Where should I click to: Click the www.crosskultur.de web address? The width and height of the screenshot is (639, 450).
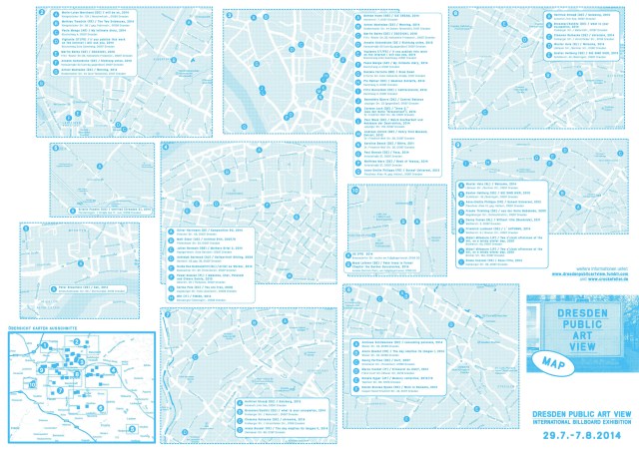(596, 277)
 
